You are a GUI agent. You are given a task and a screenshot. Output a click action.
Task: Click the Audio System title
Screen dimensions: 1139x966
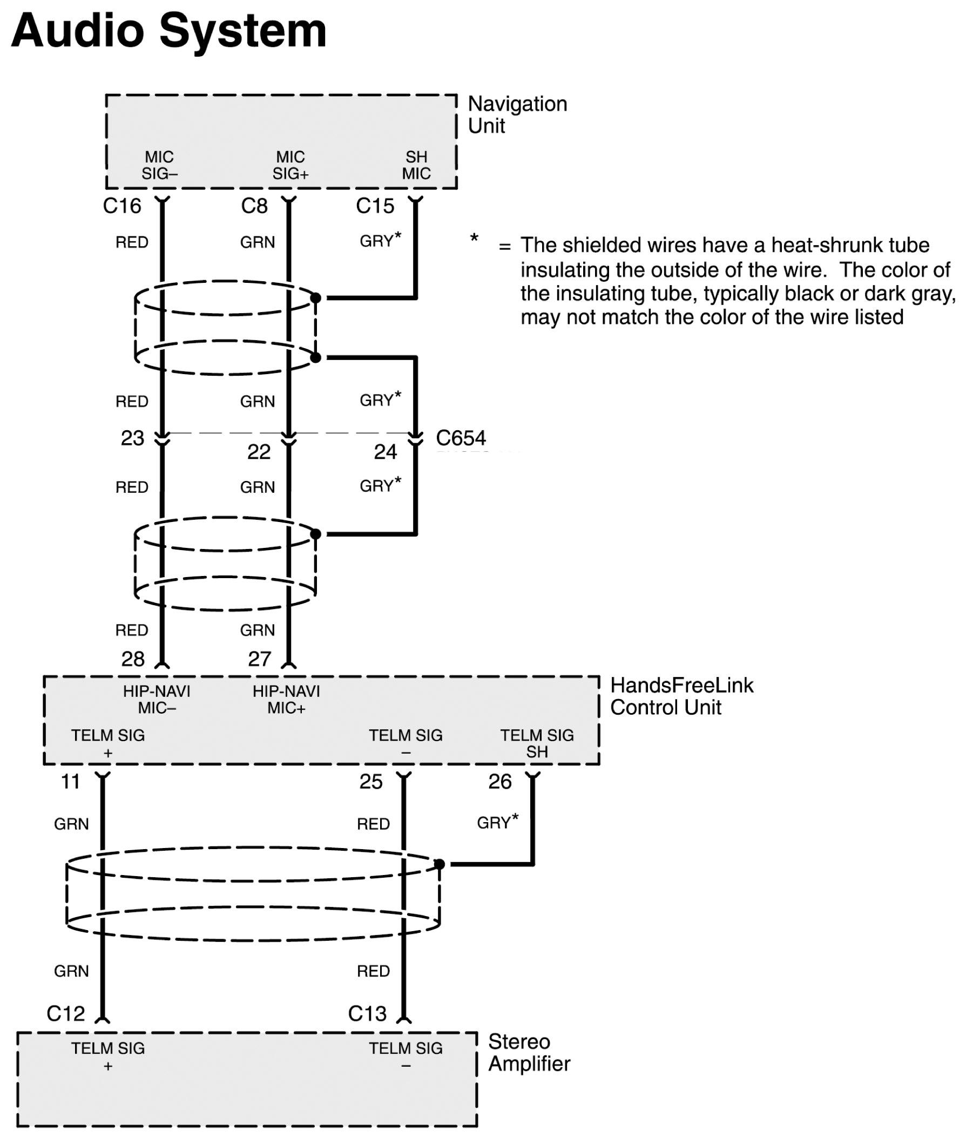(168, 31)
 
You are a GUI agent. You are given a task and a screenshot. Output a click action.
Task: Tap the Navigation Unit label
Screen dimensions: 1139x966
(517, 114)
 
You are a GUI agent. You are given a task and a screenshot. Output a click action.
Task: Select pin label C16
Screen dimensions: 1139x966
(121, 206)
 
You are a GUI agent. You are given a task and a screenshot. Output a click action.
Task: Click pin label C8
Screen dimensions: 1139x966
(254, 206)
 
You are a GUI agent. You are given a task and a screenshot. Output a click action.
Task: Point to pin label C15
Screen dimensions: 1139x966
(375, 206)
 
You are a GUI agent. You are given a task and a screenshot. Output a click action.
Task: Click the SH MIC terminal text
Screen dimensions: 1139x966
(416, 165)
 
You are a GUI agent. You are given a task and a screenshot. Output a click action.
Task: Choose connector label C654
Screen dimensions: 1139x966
(461, 438)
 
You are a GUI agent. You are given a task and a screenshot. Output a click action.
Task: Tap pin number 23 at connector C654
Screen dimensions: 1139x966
(132, 438)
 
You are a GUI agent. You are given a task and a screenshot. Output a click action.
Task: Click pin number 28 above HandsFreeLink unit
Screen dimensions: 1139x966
(132, 659)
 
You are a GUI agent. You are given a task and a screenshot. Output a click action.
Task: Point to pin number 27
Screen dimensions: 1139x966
(259, 659)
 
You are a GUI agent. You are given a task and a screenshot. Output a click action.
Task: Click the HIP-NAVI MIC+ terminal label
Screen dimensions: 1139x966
(286, 700)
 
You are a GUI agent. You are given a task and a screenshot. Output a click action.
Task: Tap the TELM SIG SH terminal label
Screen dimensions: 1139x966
(537, 743)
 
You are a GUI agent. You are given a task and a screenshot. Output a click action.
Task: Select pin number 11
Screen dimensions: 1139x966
(71, 782)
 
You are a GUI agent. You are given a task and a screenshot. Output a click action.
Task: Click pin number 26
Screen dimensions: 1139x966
(499, 782)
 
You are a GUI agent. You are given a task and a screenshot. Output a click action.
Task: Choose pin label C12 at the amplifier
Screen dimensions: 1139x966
(66, 1014)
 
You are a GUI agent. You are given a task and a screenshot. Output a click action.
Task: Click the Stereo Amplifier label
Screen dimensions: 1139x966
(529, 1053)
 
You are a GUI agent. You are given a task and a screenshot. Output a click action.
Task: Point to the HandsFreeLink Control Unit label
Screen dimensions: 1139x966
(682, 696)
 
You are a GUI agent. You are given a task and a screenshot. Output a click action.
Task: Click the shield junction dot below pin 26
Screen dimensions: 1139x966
(439, 864)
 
